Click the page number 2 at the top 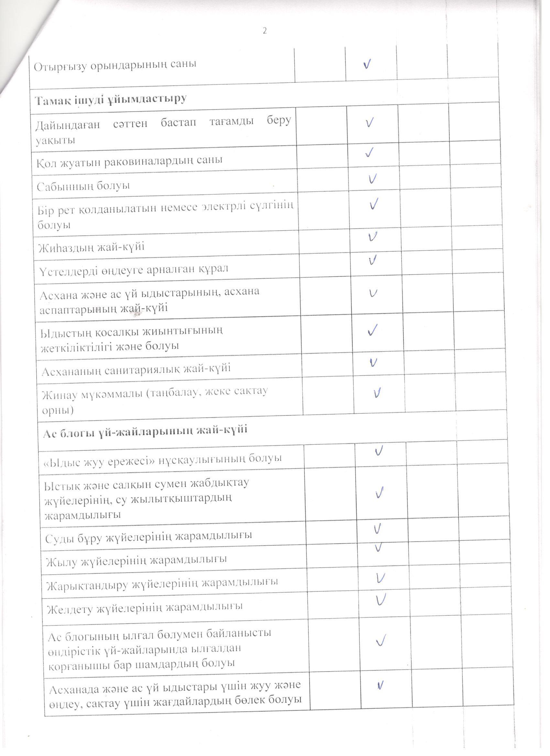tap(265, 31)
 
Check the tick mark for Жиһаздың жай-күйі tap(373, 237)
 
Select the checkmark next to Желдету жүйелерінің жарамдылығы tap(380, 600)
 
